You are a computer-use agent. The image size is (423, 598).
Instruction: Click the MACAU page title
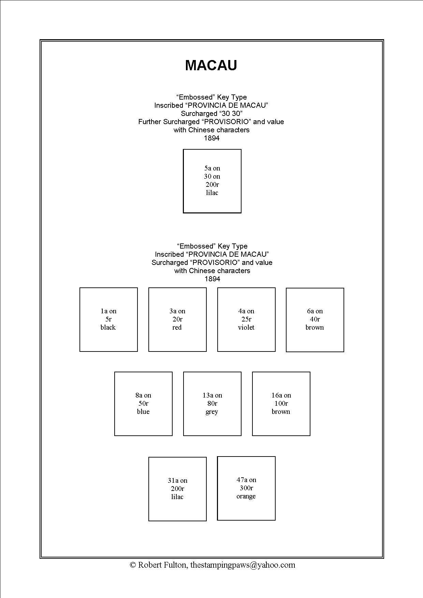211,65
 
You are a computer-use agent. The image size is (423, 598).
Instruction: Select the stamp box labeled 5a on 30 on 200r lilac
212,181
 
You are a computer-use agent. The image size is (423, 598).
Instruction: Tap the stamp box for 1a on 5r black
108,319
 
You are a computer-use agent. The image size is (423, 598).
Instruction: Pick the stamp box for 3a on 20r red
177,319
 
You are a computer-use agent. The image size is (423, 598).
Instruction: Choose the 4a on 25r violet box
246,319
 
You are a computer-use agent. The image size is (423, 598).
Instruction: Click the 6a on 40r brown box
315,320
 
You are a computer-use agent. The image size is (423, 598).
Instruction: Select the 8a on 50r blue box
143,404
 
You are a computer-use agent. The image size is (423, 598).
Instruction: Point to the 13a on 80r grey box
212,404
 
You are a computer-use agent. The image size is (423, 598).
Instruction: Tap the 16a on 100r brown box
281,404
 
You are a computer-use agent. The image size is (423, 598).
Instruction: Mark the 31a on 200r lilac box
177,489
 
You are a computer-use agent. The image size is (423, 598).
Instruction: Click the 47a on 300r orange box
246,488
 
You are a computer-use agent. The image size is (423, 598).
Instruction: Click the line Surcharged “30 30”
211,114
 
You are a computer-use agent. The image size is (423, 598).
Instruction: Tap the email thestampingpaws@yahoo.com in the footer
243,565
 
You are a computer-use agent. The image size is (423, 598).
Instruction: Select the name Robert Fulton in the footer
162,565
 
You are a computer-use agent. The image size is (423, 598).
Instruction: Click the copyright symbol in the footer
133,565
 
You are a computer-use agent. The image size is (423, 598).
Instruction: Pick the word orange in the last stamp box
246,496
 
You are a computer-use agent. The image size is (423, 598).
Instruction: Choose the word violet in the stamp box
246,328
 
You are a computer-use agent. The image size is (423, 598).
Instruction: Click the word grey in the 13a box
212,412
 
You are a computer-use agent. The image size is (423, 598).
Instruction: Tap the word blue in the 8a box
143,412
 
